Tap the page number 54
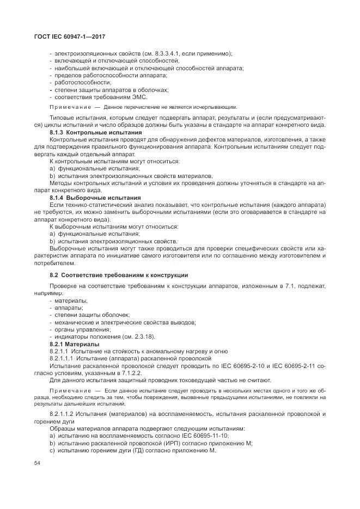tap(37, 463)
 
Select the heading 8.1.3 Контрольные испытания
tap(88, 132)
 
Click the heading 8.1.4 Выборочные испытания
tap(88, 198)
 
